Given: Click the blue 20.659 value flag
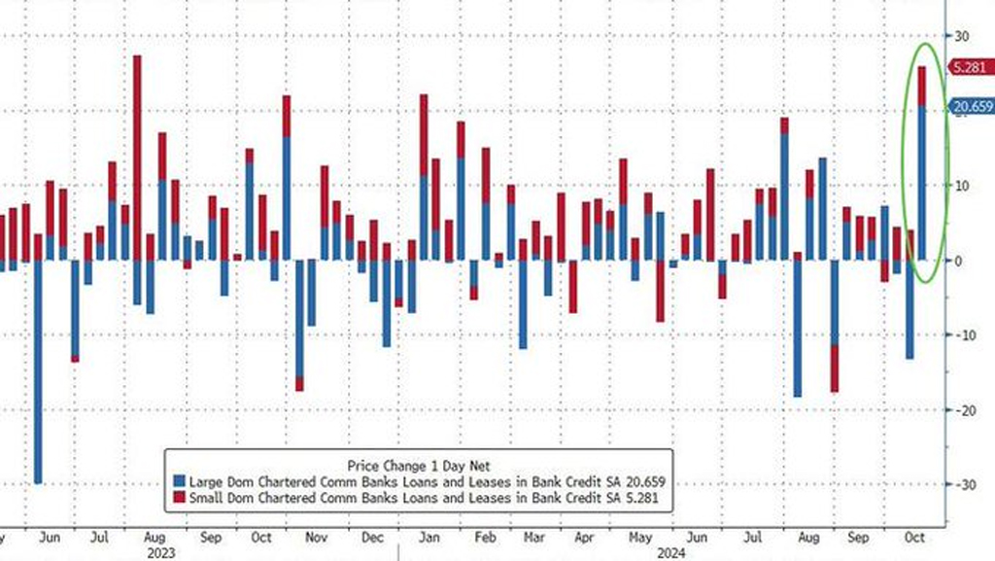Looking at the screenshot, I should click(972, 107).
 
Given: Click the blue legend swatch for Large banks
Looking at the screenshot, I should click(178, 481).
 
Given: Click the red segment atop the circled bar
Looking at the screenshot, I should click(922, 86).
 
